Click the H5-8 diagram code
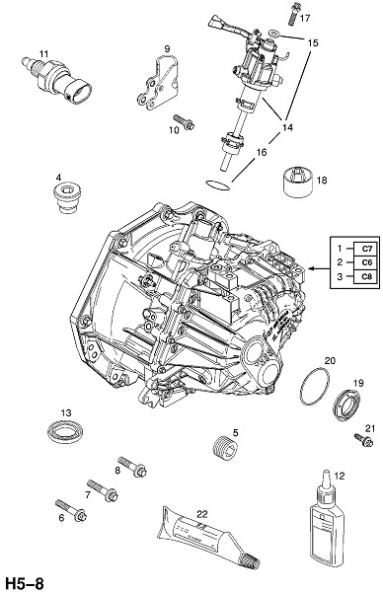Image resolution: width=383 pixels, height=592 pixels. [x=24, y=583]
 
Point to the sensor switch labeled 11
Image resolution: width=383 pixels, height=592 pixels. [x=56, y=80]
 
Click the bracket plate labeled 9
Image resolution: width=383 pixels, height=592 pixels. [x=158, y=83]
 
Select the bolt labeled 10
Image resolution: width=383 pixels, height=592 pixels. [x=184, y=122]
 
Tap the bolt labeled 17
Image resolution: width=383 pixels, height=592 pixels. [x=294, y=15]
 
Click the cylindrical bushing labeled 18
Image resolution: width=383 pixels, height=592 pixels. [x=297, y=181]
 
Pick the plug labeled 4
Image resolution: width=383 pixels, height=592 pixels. [x=67, y=197]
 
